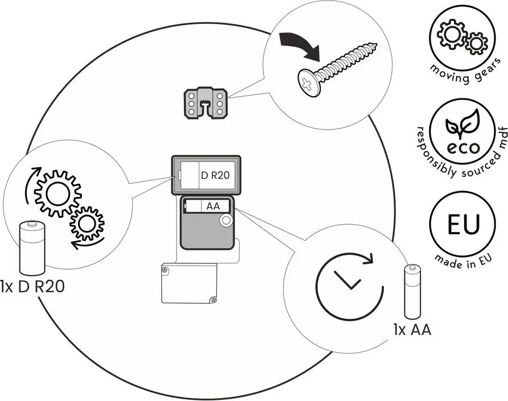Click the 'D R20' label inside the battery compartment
click(215, 176)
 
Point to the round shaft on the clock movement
click(226, 221)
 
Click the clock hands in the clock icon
click(346, 280)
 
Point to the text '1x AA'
click(411, 330)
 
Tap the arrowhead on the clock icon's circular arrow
click(369, 259)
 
